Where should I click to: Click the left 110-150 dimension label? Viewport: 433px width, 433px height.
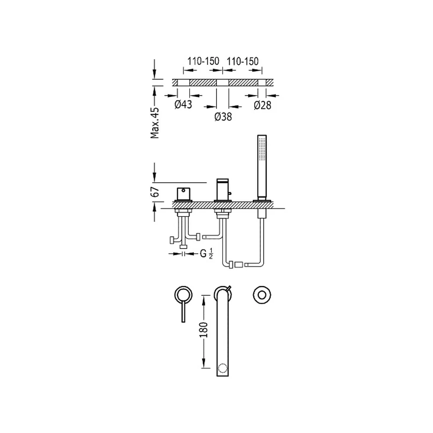click(203, 61)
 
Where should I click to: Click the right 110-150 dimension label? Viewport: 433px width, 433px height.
click(242, 61)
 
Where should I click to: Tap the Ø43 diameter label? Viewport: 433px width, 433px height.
click(183, 104)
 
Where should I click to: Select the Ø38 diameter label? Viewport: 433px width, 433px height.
click(223, 117)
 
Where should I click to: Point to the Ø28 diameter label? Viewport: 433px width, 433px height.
click(263, 105)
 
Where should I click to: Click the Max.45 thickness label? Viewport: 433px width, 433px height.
click(155, 123)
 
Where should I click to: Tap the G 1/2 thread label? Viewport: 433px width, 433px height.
click(206, 253)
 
